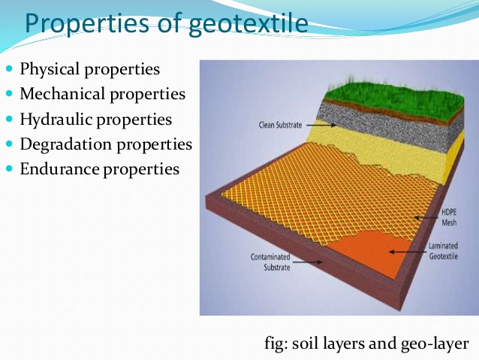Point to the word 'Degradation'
(67, 144)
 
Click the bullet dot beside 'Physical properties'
(10, 70)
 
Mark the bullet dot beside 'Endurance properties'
(10, 168)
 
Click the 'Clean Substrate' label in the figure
(273, 127)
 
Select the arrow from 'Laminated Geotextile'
(405, 248)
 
